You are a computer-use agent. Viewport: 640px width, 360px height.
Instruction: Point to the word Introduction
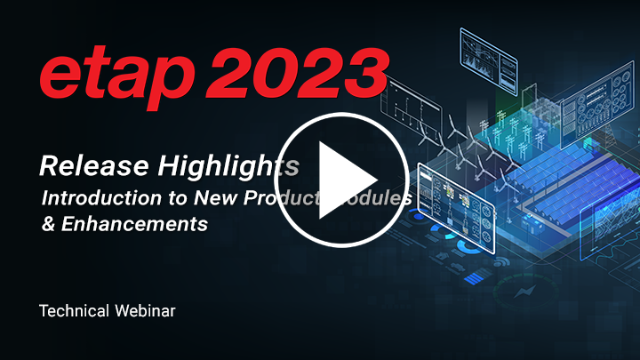(93, 198)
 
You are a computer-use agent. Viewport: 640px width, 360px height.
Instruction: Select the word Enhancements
(132, 224)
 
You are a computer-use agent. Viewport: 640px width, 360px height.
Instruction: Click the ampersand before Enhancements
(48, 224)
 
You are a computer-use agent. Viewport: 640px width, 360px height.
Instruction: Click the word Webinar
(150, 311)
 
